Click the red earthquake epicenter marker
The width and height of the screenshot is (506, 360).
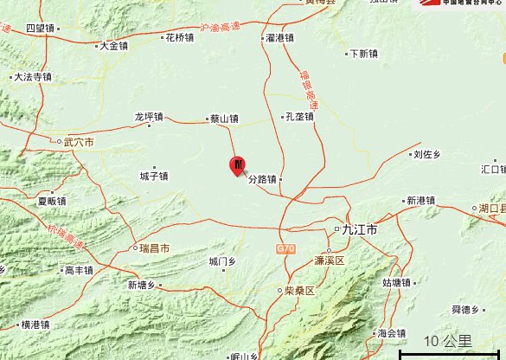tap(238, 165)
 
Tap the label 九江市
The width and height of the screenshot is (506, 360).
tap(360, 229)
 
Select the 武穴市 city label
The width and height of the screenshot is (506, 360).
tap(79, 141)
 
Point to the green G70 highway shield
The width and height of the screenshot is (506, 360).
tap(285, 249)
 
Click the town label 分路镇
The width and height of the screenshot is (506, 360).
tap(262, 180)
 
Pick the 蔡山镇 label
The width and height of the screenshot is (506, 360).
tap(224, 119)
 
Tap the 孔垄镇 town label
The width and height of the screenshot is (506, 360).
tap(299, 117)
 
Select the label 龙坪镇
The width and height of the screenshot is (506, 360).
tap(149, 116)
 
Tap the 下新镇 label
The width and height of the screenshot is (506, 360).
tap(363, 53)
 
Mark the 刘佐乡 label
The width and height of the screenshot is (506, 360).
tap(426, 154)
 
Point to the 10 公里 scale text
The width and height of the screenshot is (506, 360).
tap(448, 341)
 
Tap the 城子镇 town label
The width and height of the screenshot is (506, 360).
tap(154, 176)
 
